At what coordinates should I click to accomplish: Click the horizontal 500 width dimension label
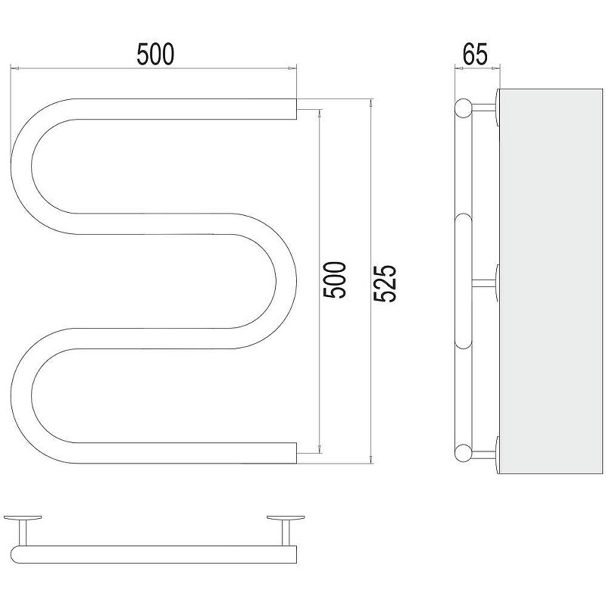[155, 54]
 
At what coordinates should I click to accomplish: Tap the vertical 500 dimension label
[334, 280]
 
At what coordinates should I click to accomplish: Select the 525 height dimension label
[385, 283]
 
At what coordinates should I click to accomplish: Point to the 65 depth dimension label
[476, 54]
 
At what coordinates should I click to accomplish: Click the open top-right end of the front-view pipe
[296, 109]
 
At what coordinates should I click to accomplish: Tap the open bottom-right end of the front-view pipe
[296, 453]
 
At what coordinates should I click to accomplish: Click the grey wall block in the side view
[551, 281]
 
